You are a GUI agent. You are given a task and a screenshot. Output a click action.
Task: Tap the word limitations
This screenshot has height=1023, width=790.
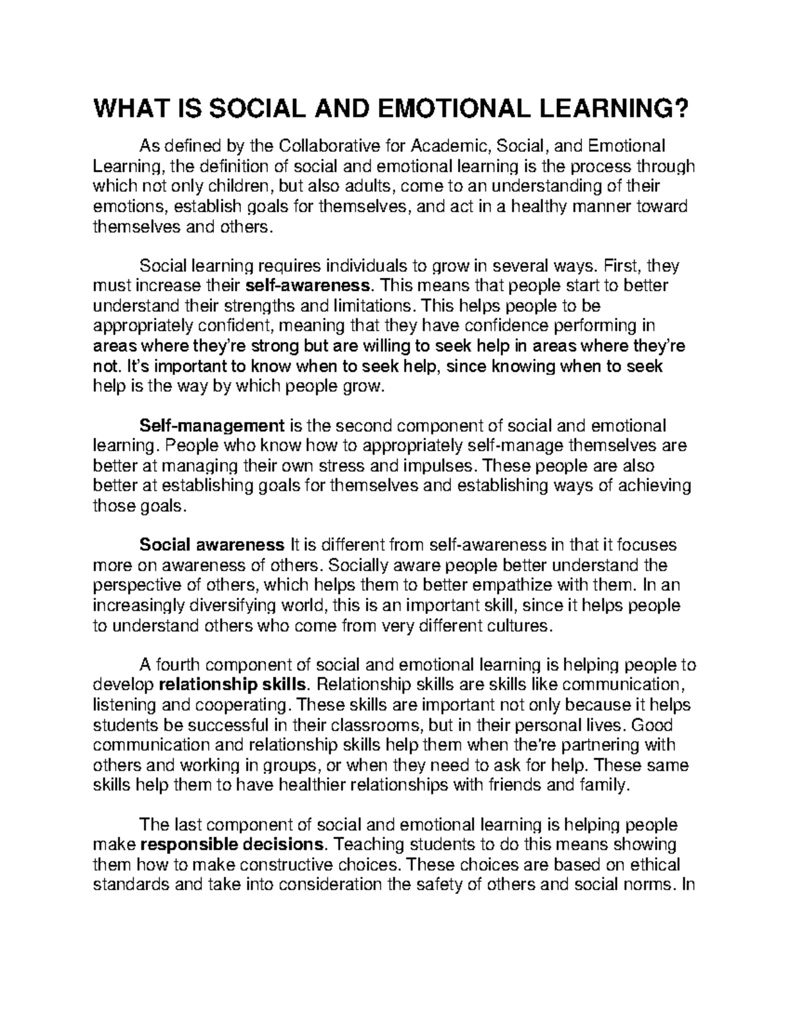(370, 306)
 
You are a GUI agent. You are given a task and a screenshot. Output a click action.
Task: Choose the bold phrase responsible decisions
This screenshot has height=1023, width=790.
(233, 845)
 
